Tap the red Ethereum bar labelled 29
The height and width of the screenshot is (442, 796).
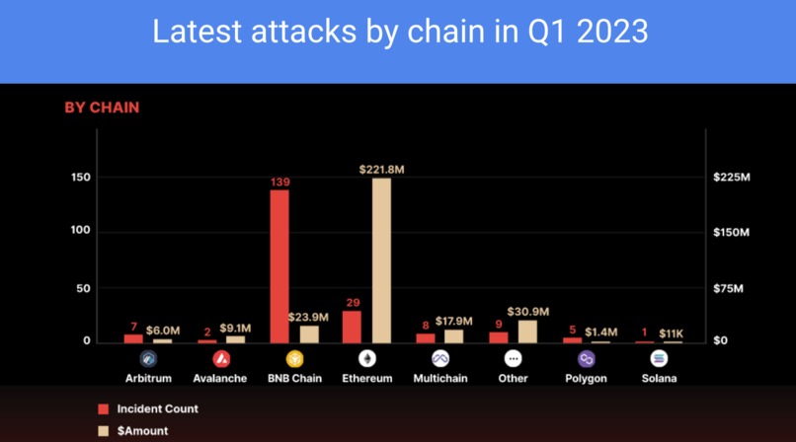click(x=352, y=327)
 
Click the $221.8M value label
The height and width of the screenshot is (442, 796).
click(x=381, y=170)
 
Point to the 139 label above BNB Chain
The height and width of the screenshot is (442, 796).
click(x=280, y=182)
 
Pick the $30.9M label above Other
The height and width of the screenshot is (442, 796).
click(x=527, y=312)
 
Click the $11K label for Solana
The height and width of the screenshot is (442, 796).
click(x=673, y=332)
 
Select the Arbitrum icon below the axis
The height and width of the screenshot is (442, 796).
click(x=148, y=359)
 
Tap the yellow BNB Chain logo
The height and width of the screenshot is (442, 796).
click(x=294, y=359)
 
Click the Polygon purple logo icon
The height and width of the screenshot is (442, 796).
click(x=587, y=359)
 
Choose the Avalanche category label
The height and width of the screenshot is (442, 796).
click(x=221, y=378)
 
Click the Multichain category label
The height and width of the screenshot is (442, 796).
click(x=439, y=378)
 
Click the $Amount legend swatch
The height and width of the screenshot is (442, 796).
click(x=102, y=431)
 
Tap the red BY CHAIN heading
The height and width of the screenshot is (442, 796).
click(x=102, y=108)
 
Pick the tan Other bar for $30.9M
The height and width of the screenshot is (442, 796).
click(x=527, y=331)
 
